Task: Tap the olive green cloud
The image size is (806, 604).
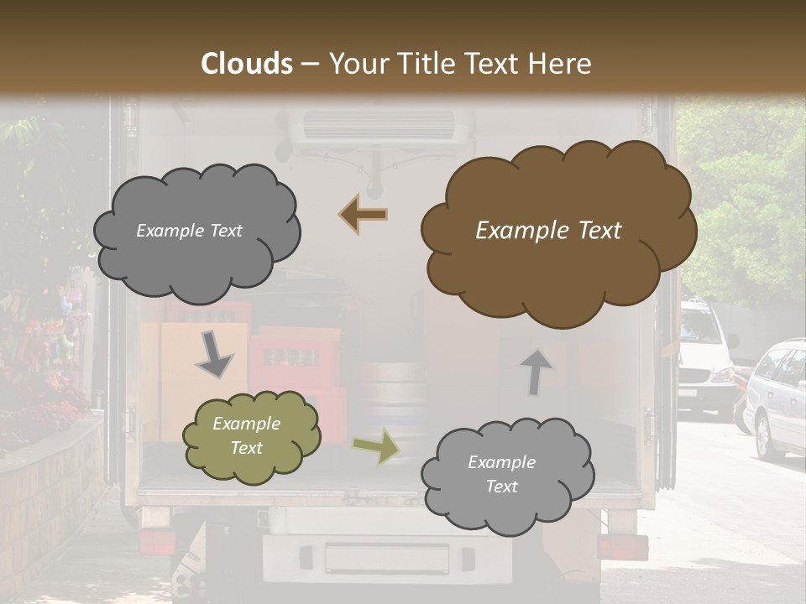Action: (x=251, y=436)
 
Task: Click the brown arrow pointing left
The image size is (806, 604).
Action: (x=364, y=215)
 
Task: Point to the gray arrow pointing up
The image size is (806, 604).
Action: (x=534, y=370)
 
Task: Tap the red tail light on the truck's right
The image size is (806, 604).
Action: (x=622, y=547)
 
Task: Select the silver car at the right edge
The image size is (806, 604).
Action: (x=777, y=398)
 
